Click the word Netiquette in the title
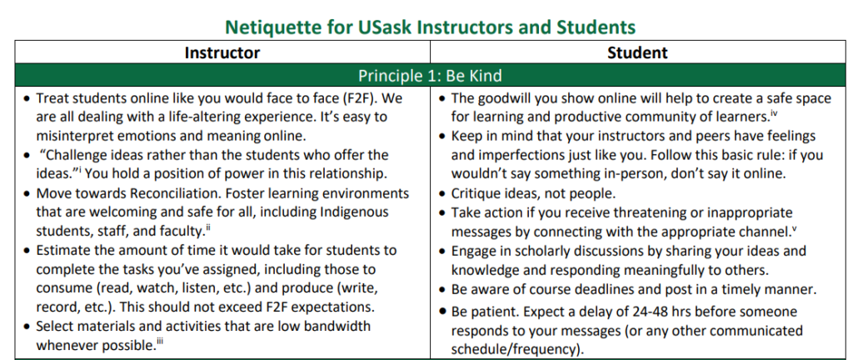(x=271, y=27)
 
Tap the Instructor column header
(x=222, y=52)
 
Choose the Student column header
(x=637, y=52)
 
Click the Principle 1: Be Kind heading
(x=430, y=75)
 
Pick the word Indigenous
(x=355, y=212)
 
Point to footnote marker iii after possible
(x=159, y=341)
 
